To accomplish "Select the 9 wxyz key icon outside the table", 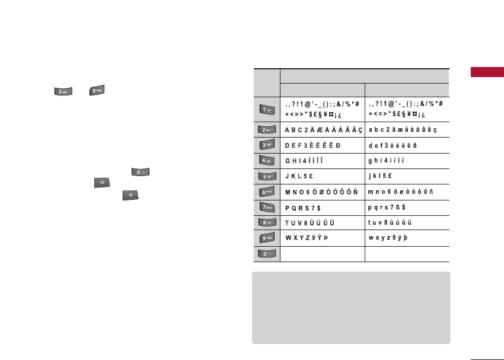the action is tap(97, 91).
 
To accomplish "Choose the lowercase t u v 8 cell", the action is tap(390, 223).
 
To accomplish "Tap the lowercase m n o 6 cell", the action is tap(401, 192).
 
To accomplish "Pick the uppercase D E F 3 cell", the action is tap(313, 145).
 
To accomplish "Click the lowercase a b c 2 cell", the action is tap(402, 129).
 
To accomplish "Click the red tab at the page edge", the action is tap(487, 72).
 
